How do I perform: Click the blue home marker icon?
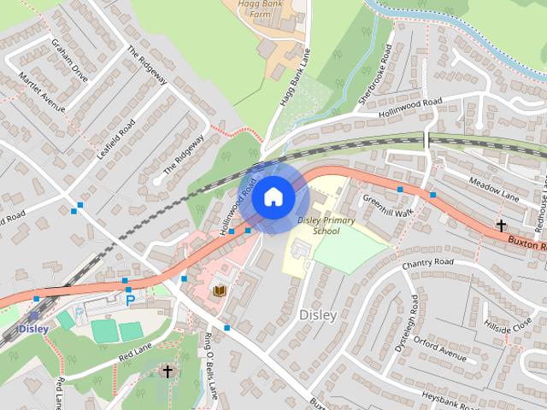point(273,197)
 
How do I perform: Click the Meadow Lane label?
point(495,190)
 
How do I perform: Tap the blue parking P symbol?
point(130,300)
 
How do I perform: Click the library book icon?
point(220,291)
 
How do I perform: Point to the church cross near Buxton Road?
point(501,225)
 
